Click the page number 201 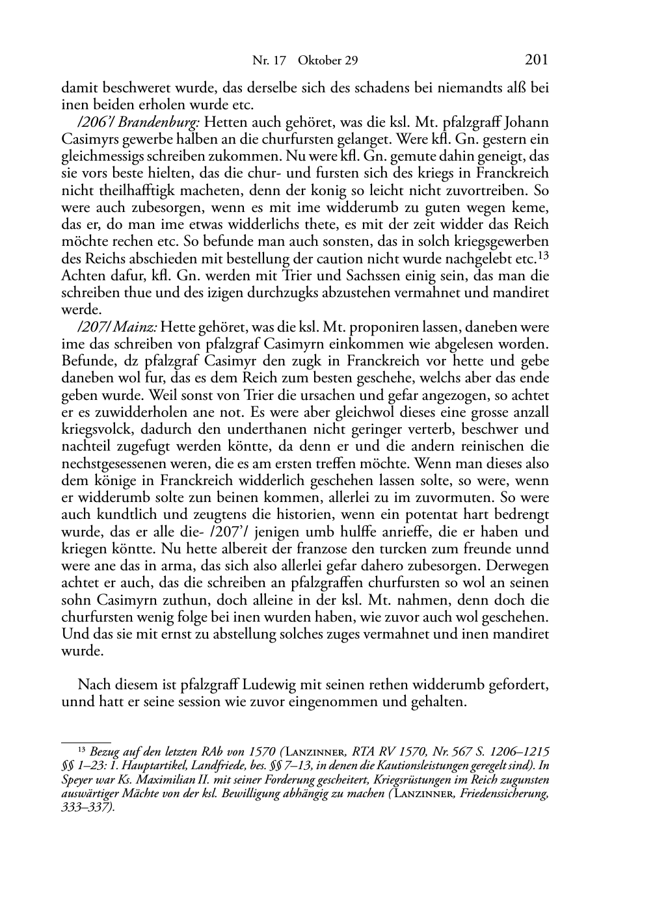tap(536, 60)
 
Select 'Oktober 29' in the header tap(328, 61)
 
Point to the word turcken tap(401, 549)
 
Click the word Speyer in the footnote tap(77, 780)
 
